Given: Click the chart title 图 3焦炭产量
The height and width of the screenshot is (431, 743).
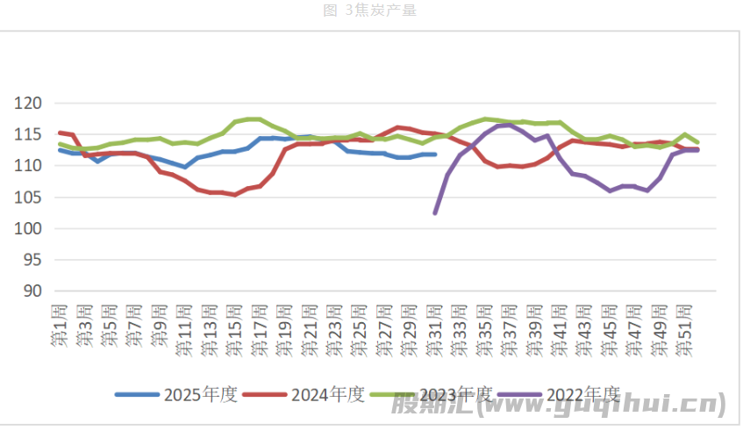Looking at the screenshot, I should pos(369,11).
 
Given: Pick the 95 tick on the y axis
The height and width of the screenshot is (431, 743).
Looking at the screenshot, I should pos(34,260).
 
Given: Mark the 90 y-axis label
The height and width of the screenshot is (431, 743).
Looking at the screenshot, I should pos(34,291).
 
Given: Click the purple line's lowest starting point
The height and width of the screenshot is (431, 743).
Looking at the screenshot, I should pos(435,212).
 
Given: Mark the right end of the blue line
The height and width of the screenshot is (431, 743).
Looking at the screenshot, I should pos(434,154).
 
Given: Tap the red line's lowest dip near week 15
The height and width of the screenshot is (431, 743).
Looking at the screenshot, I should pos(235,195).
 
